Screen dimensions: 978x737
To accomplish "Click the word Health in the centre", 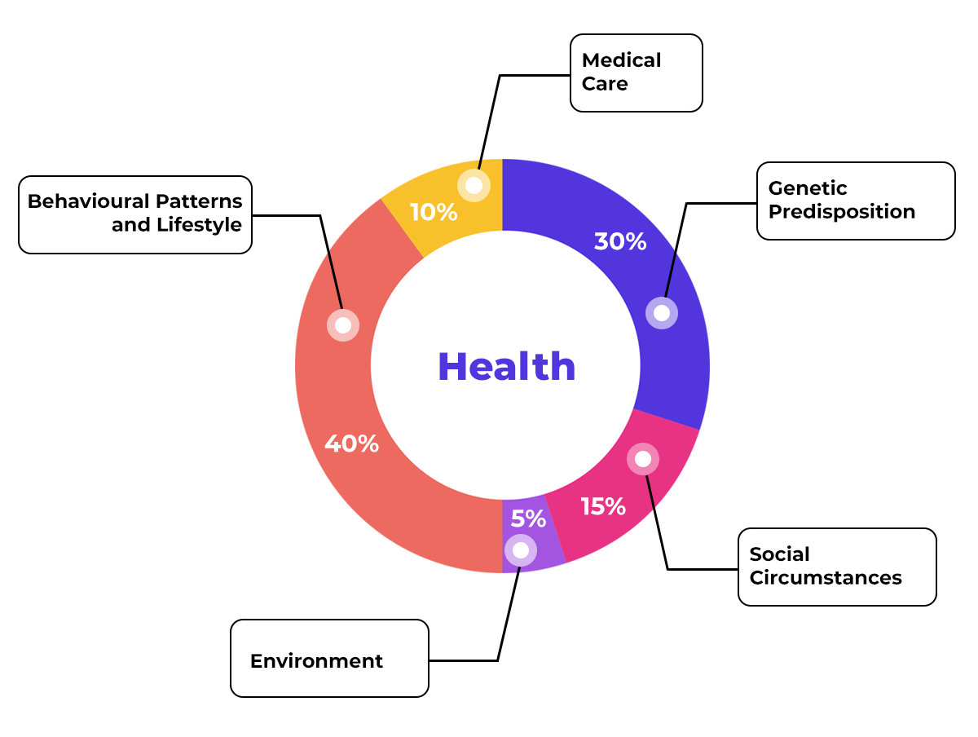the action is coord(506,367).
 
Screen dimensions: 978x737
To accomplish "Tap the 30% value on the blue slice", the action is coord(619,242).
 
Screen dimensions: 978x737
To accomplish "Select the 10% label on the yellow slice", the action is coord(433,213).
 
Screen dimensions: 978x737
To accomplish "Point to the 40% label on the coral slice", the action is coord(351,444).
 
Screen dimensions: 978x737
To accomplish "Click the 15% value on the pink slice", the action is coord(603,507).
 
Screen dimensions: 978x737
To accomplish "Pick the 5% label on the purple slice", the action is coord(528,519).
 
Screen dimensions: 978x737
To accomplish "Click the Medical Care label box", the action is coord(636,73).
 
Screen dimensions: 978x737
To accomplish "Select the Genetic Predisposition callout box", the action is coord(855,201).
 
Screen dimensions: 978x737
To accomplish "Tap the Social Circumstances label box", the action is coord(836,567).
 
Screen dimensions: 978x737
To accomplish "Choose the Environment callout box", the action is coord(329,658).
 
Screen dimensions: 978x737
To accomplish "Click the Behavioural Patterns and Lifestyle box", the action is coord(135,214).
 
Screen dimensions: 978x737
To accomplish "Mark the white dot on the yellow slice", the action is coord(474,185).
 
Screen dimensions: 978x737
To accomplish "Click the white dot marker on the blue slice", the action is coord(662,313).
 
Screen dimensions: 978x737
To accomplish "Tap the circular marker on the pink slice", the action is coord(643,459).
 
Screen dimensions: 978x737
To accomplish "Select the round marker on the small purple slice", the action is coord(521,550).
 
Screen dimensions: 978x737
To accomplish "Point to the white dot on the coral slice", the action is coord(343,324).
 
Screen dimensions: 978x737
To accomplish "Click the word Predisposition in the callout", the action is coord(842,212).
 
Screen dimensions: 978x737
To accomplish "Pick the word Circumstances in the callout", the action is coord(825,578).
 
